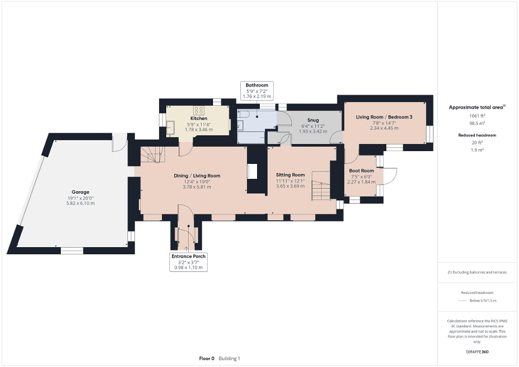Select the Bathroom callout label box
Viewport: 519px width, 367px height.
point(257,91)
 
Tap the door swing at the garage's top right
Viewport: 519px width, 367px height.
point(119,142)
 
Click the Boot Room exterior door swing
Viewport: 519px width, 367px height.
point(390,176)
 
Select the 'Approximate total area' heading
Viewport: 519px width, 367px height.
point(477,107)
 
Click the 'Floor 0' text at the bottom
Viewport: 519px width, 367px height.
point(207,358)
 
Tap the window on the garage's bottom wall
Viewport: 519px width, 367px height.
point(72,250)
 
